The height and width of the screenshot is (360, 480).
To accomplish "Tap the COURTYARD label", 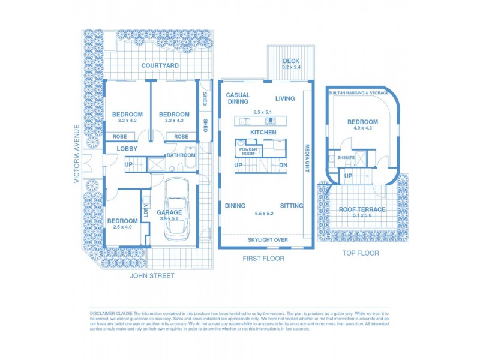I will pyautogui.click(x=160, y=65).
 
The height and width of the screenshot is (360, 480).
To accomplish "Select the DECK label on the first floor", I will pyautogui.click(x=291, y=61).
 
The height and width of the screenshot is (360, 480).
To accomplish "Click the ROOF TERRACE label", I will pyautogui.click(x=362, y=209).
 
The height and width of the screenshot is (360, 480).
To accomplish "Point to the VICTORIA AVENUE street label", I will pyautogui.click(x=76, y=154).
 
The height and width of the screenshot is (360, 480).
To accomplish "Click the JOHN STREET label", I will pyautogui.click(x=152, y=276).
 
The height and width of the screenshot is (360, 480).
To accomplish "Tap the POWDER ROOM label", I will pyautogui.click(x=248, y=151).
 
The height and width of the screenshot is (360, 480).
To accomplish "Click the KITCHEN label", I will pyautogui.click(x=263, y=132).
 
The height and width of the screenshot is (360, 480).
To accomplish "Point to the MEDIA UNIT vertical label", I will pyautogui.click(x=307, y=159).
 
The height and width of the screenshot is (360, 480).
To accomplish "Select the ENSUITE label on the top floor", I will pyautogui.click(x=346, y=158).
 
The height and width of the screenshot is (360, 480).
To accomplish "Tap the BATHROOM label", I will pyautogui.click(x=181, y=155).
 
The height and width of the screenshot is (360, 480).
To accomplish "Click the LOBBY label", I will pyautogui.click(x=127, y=148).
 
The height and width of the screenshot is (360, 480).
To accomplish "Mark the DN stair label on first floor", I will pyautogui.click(x=284, y=165).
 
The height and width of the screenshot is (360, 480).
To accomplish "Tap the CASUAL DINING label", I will pyautogui.click(x=238, y=98).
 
